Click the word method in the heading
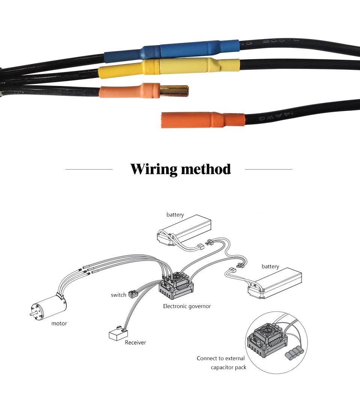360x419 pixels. [x=205, y=169]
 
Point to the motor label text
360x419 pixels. [x=59, y=323]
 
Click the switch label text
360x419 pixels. [x=118, y=295]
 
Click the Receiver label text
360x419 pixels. [x=135, y=342]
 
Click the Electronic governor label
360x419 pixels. [x=187, y=306]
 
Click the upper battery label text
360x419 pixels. [x=175, y=215]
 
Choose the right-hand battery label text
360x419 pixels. [x=270, y=266]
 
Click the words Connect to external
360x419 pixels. [x=220, y=358]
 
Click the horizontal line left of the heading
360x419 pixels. [x=89, y=169]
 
